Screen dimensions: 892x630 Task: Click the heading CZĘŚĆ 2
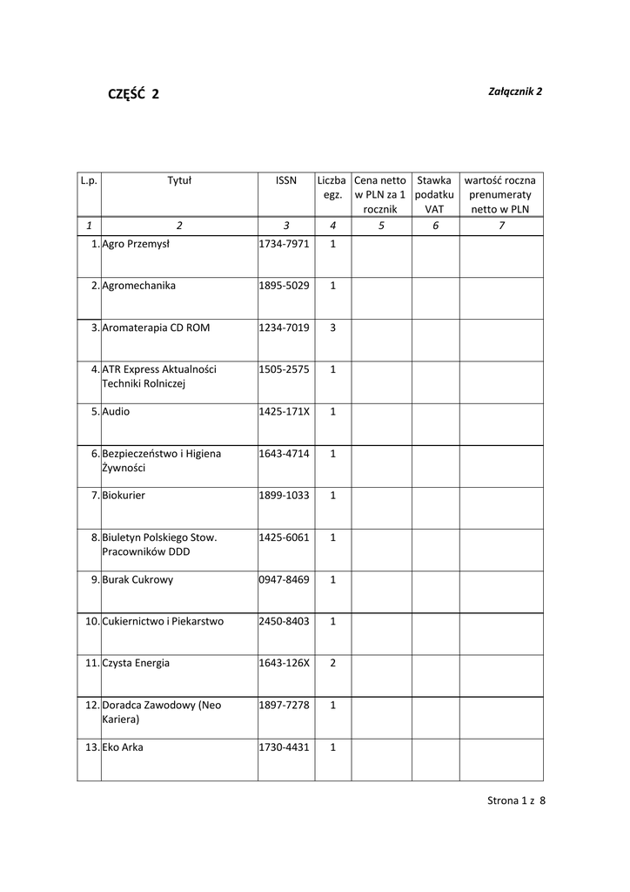[133, 95]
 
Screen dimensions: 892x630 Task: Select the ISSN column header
[285, 181]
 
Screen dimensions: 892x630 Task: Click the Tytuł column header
[179, 181]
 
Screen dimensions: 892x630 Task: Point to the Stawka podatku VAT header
[434, 195]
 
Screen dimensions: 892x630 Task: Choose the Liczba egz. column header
[332, 188]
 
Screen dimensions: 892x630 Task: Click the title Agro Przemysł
[136, 244]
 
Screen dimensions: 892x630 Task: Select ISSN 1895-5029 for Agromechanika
[284, 286]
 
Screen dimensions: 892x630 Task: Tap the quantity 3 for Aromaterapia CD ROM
[332, 328]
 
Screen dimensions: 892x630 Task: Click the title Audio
[116, 411]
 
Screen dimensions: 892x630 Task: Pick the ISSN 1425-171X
[284, 411]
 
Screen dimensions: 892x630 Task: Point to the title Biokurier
[124, 495]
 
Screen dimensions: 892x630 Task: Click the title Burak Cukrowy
[137, 579]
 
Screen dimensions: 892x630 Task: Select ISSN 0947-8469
[284, 579]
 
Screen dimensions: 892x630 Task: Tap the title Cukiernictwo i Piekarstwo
[163, 621]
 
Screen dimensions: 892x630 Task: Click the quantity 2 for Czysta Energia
[332, 663]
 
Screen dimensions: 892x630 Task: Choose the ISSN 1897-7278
[284, 705]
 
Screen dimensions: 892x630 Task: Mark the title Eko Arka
[123, 747]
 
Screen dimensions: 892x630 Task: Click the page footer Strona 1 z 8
[516, 801]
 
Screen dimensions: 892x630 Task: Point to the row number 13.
[93, 747]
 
